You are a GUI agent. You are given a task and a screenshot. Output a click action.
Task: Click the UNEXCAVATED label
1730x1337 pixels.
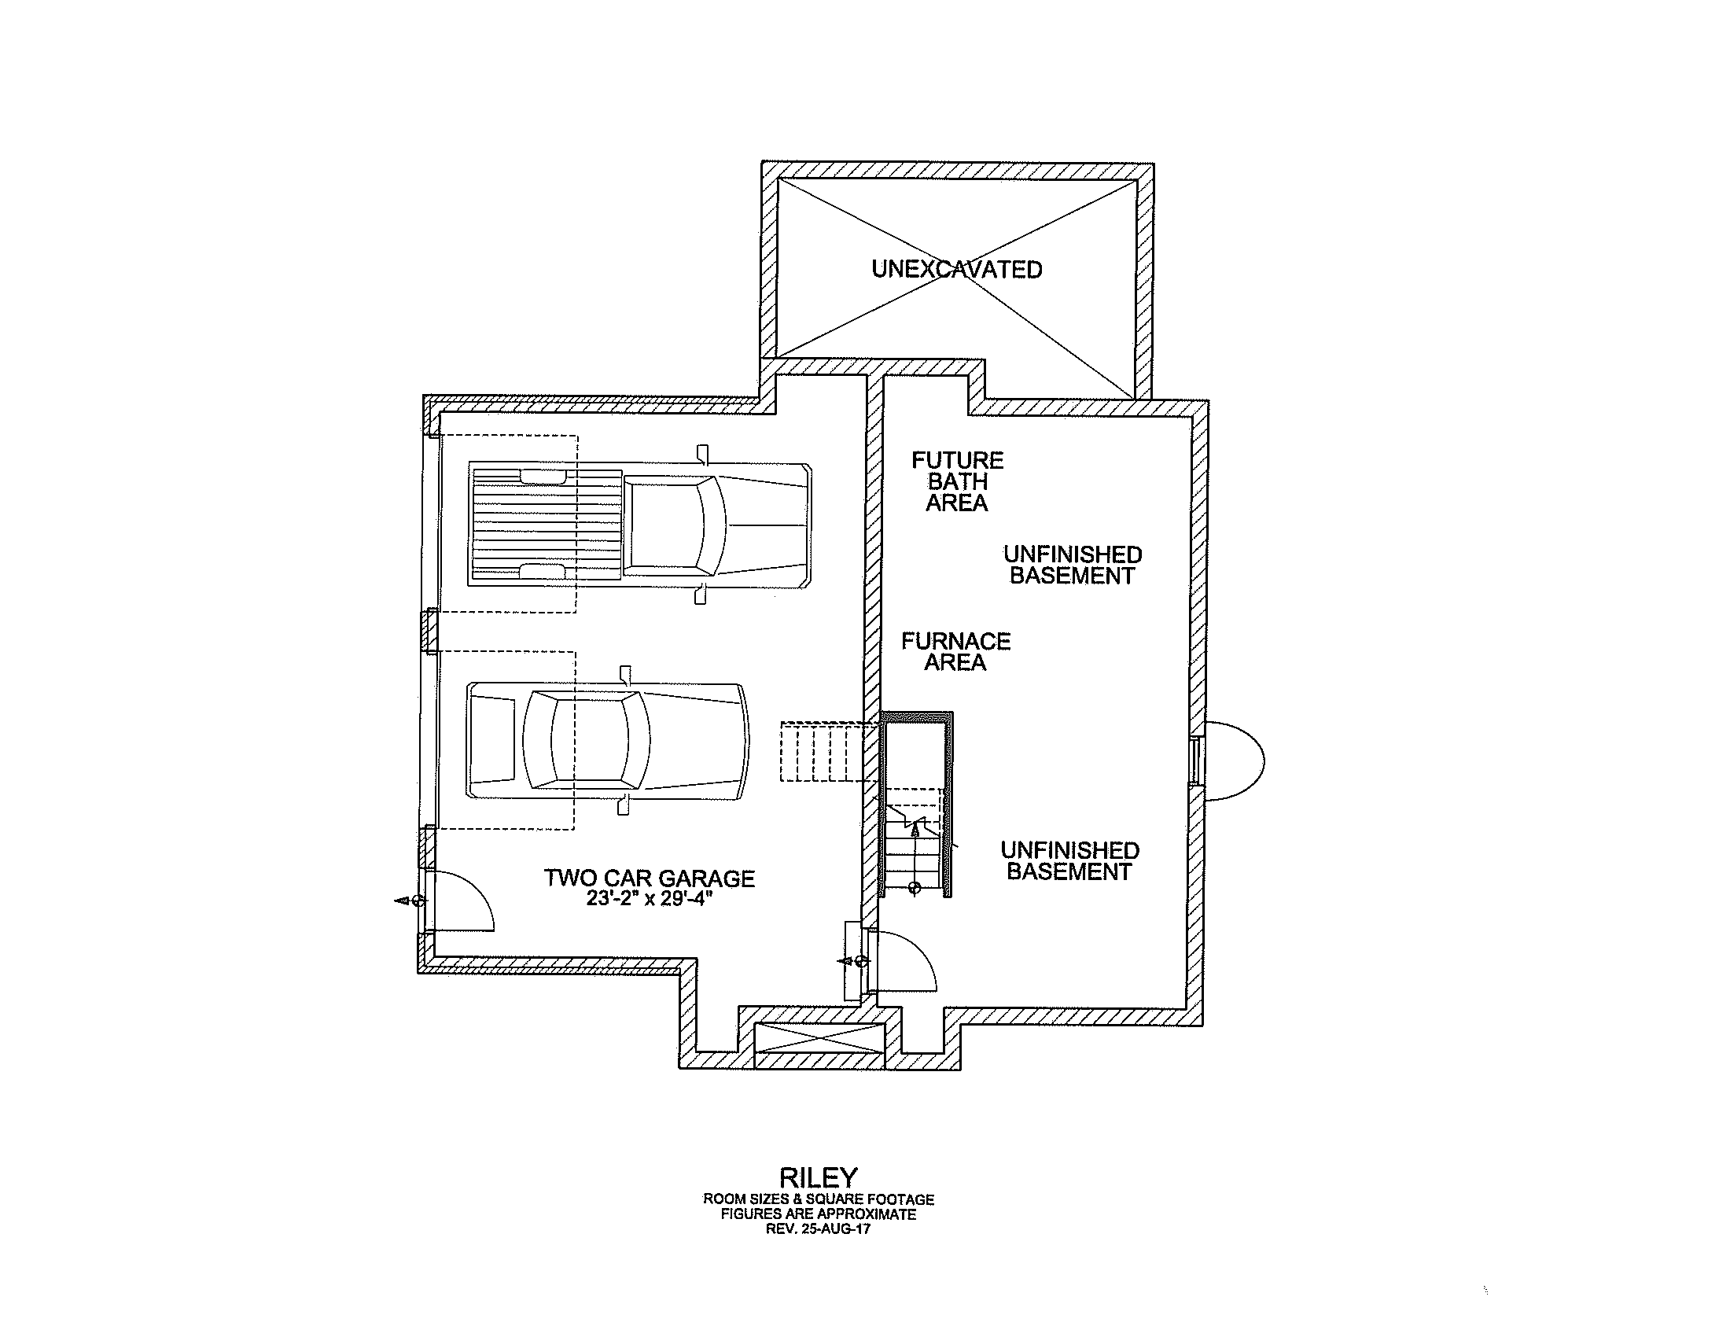957,269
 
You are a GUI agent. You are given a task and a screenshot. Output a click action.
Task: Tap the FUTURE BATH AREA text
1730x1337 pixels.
957,481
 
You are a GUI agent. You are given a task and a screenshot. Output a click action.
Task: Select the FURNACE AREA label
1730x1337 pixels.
956,651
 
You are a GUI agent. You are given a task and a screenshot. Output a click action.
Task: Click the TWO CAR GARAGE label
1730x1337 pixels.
650,878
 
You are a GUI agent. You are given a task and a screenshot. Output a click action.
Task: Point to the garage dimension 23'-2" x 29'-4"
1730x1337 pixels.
650,899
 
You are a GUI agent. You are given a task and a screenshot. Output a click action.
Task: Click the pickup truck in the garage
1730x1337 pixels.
639,525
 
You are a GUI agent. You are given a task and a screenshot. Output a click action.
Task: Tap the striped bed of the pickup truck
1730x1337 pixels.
547,525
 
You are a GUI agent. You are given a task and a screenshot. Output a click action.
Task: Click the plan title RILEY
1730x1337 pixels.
819,1177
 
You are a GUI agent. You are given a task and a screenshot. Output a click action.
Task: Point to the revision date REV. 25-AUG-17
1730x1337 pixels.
819,1229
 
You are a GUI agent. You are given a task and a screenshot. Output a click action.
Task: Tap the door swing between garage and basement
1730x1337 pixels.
902,961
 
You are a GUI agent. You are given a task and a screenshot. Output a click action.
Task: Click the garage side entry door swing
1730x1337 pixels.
459,900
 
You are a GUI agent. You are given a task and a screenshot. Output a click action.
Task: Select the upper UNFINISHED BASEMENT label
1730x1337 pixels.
1073,565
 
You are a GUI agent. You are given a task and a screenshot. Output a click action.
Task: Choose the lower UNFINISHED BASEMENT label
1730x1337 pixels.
1069,861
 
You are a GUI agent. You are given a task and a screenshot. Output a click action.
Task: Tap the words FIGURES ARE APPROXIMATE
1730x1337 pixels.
819,1214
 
